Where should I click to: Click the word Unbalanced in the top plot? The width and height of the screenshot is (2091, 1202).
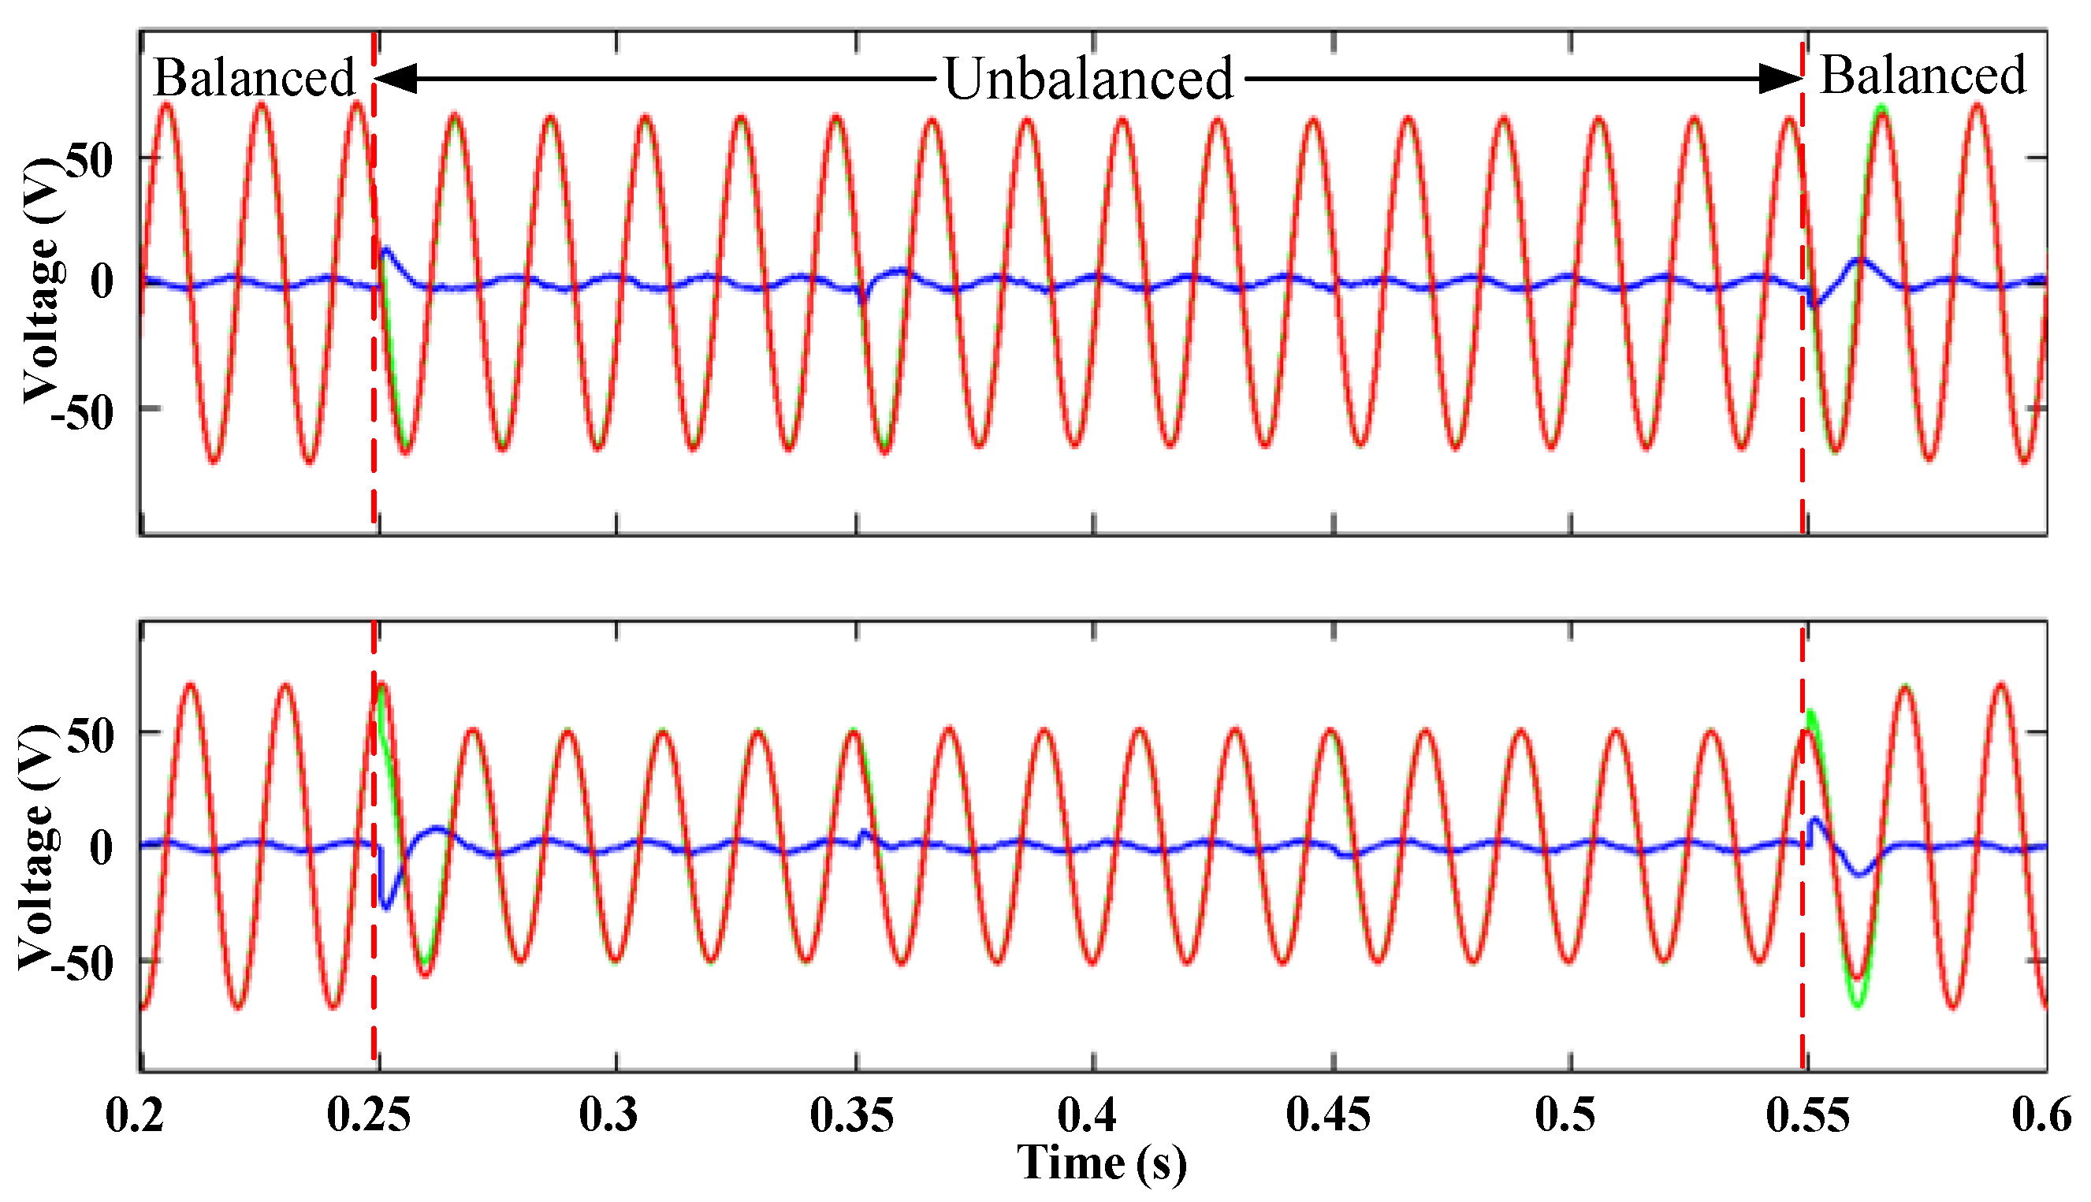pyautogui.click(x=1087, y=80)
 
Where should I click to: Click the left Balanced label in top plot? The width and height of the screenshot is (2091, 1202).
pyautogui.click(x=254, y=79)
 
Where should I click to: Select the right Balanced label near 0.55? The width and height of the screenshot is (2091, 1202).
pyautogui.click(x=1922, y=75)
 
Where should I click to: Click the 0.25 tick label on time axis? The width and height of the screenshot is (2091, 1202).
pyautogui.click(x=368, y=1115)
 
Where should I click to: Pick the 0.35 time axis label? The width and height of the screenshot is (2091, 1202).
pyautogui.click(x=851, y=1115)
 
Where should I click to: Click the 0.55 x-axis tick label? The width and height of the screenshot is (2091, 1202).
pyautogui.click(x=1807, y=1115)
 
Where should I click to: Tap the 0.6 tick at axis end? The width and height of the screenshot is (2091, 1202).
pyautogui.click(x=2041, y=1115)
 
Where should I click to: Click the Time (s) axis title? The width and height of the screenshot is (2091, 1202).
pyautogui.click(x=1101, y=1163)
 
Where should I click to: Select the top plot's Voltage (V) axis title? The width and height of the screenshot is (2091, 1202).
pyautogui.click(x=41, y=281)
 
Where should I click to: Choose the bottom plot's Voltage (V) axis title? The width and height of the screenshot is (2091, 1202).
pyautogui.click(x=37, y=847)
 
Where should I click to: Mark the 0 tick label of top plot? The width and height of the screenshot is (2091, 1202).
pyautogui.click(x=102, y=282)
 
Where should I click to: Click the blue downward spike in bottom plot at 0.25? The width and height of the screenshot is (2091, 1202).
pyautogui.click(x=385, y=904)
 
